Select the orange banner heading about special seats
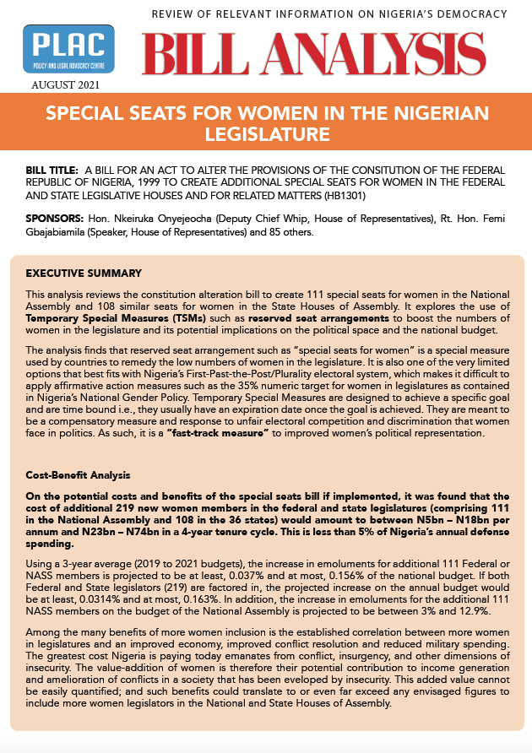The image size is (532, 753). point(266,122)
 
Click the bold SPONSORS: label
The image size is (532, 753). point(54,219)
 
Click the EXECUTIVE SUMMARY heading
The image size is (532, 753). point(84,274)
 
